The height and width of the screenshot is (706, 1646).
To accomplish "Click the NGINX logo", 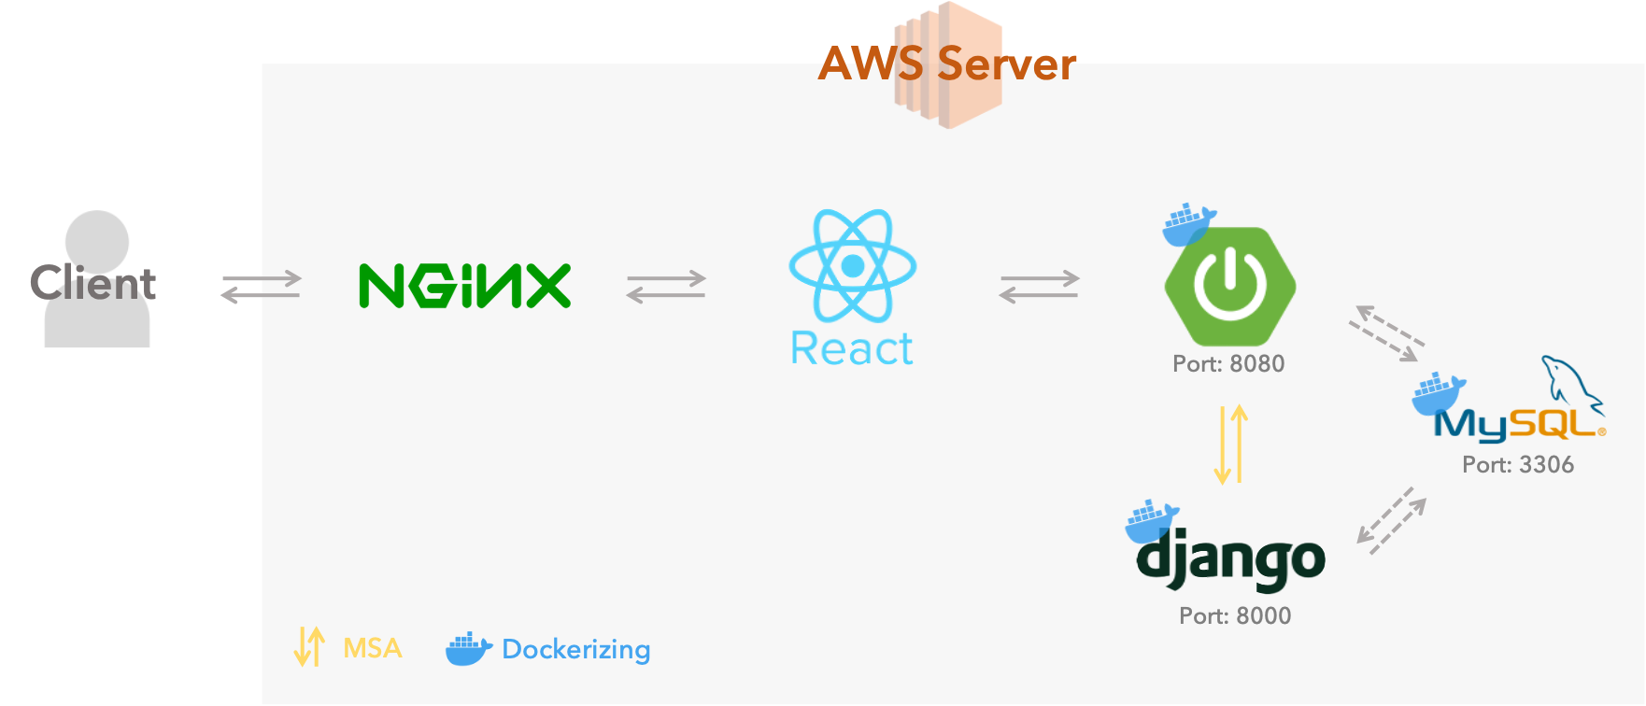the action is (464, 286).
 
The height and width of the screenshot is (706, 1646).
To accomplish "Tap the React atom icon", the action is (852, 266).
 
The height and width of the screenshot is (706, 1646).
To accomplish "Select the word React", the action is (852, 348).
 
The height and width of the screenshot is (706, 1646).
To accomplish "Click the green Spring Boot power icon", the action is (1229, 286).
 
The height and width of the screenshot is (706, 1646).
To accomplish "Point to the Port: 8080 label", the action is (1228, 363).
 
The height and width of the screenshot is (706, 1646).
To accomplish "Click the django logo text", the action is (1230, 559).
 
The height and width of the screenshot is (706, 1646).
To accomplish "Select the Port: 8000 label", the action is (1235, 615).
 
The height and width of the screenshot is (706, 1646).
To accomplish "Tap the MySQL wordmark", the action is (1520, 425).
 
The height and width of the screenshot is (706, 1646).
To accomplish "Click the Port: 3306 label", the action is (1518, 464).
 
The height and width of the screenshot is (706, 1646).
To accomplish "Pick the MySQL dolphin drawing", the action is (1572, 383).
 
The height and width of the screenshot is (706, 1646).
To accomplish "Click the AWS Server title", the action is (947, 64).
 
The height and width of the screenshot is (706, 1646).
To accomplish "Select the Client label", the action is (92, 283).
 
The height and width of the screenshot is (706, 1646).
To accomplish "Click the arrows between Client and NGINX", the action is (262, 287).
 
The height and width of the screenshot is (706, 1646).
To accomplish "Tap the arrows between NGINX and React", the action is (666, 287).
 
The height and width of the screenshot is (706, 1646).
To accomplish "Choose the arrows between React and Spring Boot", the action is (1040, 287).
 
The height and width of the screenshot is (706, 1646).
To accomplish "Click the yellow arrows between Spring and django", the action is (1231, 445).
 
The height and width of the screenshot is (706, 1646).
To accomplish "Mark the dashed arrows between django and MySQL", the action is (1392, 521).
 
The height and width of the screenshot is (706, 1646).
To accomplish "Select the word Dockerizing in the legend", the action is (576, 649).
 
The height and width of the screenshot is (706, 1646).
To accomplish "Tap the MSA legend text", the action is (373, 648).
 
